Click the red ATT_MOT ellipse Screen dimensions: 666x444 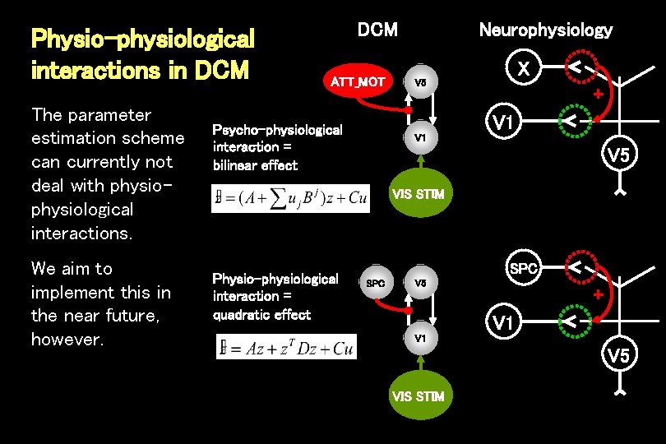357,81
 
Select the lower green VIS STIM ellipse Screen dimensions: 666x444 419,396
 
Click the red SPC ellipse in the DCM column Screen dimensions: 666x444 375,284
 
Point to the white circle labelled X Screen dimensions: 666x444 521,70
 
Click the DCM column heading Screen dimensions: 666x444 377,30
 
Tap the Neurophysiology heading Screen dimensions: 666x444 545,30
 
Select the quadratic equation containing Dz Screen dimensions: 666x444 286,349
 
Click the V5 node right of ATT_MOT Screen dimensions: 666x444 419,82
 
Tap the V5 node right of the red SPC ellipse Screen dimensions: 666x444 419,284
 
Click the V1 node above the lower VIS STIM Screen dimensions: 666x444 419,338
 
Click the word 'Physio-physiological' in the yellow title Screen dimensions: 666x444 142,39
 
